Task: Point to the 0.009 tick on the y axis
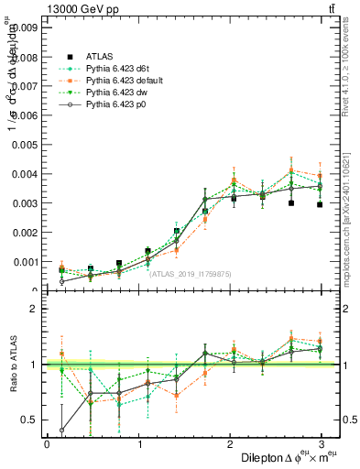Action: pos(24,27)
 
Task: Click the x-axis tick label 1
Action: pos(139,445)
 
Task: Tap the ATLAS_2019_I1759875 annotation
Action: pos(191,273)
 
